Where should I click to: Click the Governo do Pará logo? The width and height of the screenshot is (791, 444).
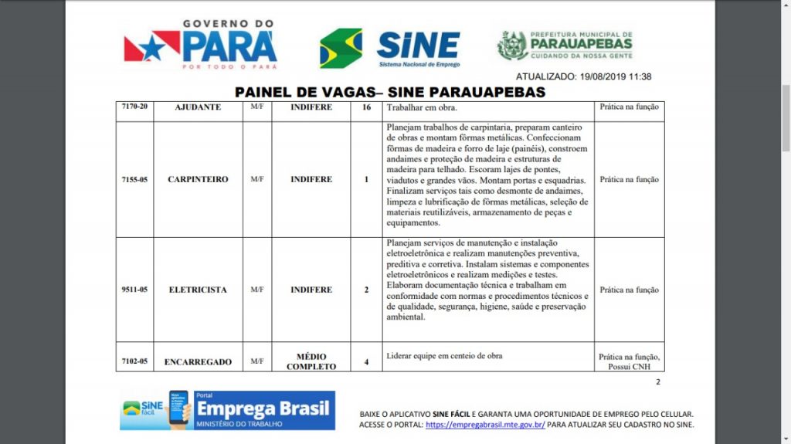(x=201, y=46)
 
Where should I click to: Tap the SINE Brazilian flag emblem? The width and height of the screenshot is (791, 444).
(x=341, y=48)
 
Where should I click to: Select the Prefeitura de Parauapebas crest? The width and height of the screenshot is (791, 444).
(x=512, y=46)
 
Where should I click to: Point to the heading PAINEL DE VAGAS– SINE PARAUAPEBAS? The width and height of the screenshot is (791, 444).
(x=390, y=93)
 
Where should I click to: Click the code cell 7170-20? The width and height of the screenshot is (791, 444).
(x=134, y=107)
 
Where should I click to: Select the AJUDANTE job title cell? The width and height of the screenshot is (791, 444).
(x=198, y=107)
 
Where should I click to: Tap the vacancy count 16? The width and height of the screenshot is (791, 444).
(x=366, y=107)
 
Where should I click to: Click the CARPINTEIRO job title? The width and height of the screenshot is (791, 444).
(x=198, y=179)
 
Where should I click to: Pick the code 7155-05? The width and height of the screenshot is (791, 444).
(x=134, y=179)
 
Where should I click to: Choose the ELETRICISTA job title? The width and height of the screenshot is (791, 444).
(x=198, y=290)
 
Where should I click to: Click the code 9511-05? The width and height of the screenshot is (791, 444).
(x=134, y=290)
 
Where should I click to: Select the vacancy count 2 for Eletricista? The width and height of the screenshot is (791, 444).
(x=366, y=290)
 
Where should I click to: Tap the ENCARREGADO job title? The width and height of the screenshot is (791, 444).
(x=198, y=361)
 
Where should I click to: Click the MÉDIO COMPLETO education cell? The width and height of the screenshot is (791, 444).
(x=311, y=361)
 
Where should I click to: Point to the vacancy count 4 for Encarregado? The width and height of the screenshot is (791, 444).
(x=366, y=361)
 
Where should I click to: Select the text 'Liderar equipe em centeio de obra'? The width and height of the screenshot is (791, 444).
(x=444, y=356)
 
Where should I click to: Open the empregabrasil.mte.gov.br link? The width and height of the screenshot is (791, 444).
(x=485, y=425)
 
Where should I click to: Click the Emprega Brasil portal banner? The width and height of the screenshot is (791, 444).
(x=227, y=411)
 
